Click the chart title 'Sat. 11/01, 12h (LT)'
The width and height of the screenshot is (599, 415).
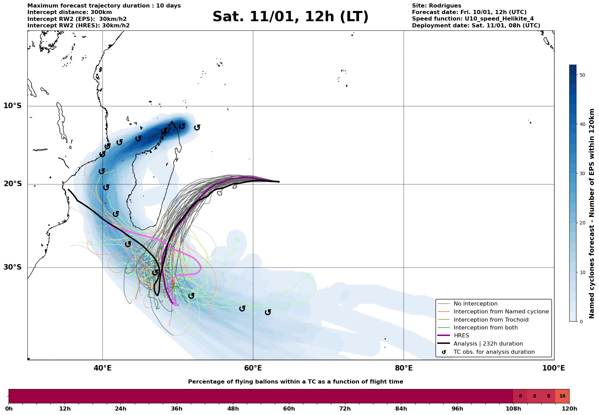coord(290,17)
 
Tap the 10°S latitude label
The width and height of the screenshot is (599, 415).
coord(13,106)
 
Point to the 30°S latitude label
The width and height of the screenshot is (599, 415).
coord(13,267)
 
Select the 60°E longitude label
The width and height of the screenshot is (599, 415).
coord(253,368)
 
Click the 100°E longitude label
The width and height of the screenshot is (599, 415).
coord(554,368)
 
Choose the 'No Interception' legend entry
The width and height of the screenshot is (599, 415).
coord(475,304)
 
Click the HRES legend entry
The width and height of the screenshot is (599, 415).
coord(461,336)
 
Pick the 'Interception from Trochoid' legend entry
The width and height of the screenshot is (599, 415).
coord(491,320)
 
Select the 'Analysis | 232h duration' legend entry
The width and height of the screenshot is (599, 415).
coord(488,344)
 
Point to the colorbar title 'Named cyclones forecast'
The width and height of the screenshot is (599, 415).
coord(592,213)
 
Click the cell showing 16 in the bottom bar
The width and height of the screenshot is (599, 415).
coord(562,396)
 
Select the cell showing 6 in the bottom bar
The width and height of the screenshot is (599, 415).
coord(520,396)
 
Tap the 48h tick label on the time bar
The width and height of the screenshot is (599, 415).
coord(233,408)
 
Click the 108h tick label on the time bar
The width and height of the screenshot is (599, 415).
coord(513,408)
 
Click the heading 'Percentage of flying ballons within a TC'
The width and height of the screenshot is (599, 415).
coord(295,382)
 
